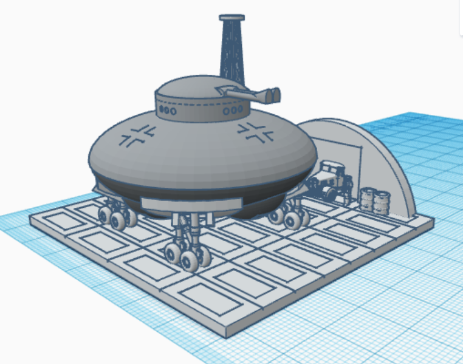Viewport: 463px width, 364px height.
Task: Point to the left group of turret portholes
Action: pos(167,111)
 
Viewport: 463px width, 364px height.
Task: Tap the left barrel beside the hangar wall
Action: pos(368,199)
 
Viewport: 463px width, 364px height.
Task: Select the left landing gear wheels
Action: pos(118,217)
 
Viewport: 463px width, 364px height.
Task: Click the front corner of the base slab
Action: pos(226,332)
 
